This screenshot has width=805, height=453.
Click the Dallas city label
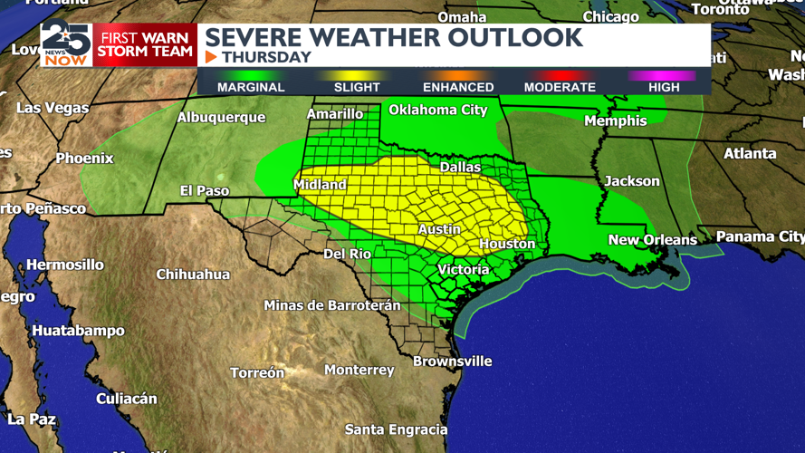point(460,167)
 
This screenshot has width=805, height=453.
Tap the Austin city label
point(439,230)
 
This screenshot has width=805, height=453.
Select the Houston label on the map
point(507,244)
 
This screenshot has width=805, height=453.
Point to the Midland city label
point(320,185)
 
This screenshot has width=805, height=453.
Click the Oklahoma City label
point(438,111)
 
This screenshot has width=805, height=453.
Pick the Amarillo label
point(335,114)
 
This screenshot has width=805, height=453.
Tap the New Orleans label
point(652,240)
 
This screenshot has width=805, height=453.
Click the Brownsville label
point(452,361)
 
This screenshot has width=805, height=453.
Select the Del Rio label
point(348,255)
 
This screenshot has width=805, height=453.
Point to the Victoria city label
point(463,270)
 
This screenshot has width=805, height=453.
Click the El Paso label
point(205,191)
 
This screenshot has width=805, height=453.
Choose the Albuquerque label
point(221,118)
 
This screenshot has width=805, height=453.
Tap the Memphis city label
point(616,120)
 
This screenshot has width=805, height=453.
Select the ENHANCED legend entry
point(458,87)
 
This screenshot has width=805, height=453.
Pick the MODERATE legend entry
point(560,87)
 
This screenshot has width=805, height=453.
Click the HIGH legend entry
point(664,87)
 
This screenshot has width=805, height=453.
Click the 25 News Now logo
point(66,44)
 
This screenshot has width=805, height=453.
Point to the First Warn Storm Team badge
point(145,44)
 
